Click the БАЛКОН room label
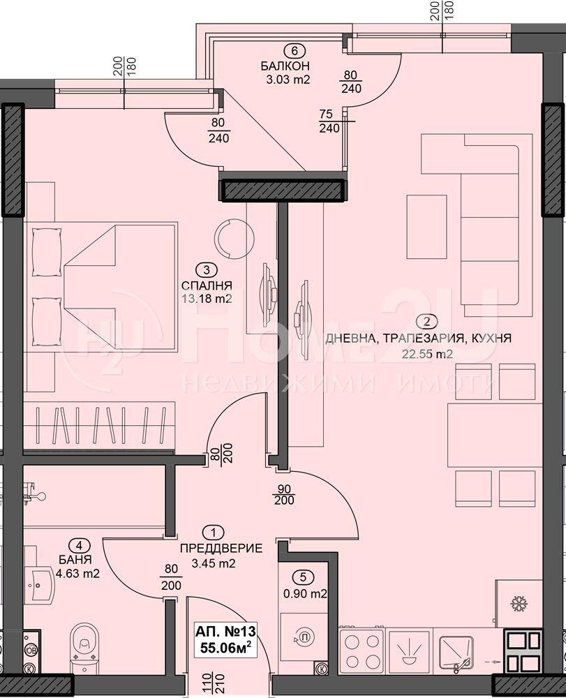coord(285,66)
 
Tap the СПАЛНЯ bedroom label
coord(207,285)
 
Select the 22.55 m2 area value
coord(426,355)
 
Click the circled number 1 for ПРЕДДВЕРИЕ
coord(214,533)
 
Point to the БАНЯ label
coord(75,560)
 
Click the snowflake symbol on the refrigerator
coord(518,604)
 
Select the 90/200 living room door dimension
coord(284,494)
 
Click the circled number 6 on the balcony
coord(294,51)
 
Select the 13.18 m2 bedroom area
coord(207,299)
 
